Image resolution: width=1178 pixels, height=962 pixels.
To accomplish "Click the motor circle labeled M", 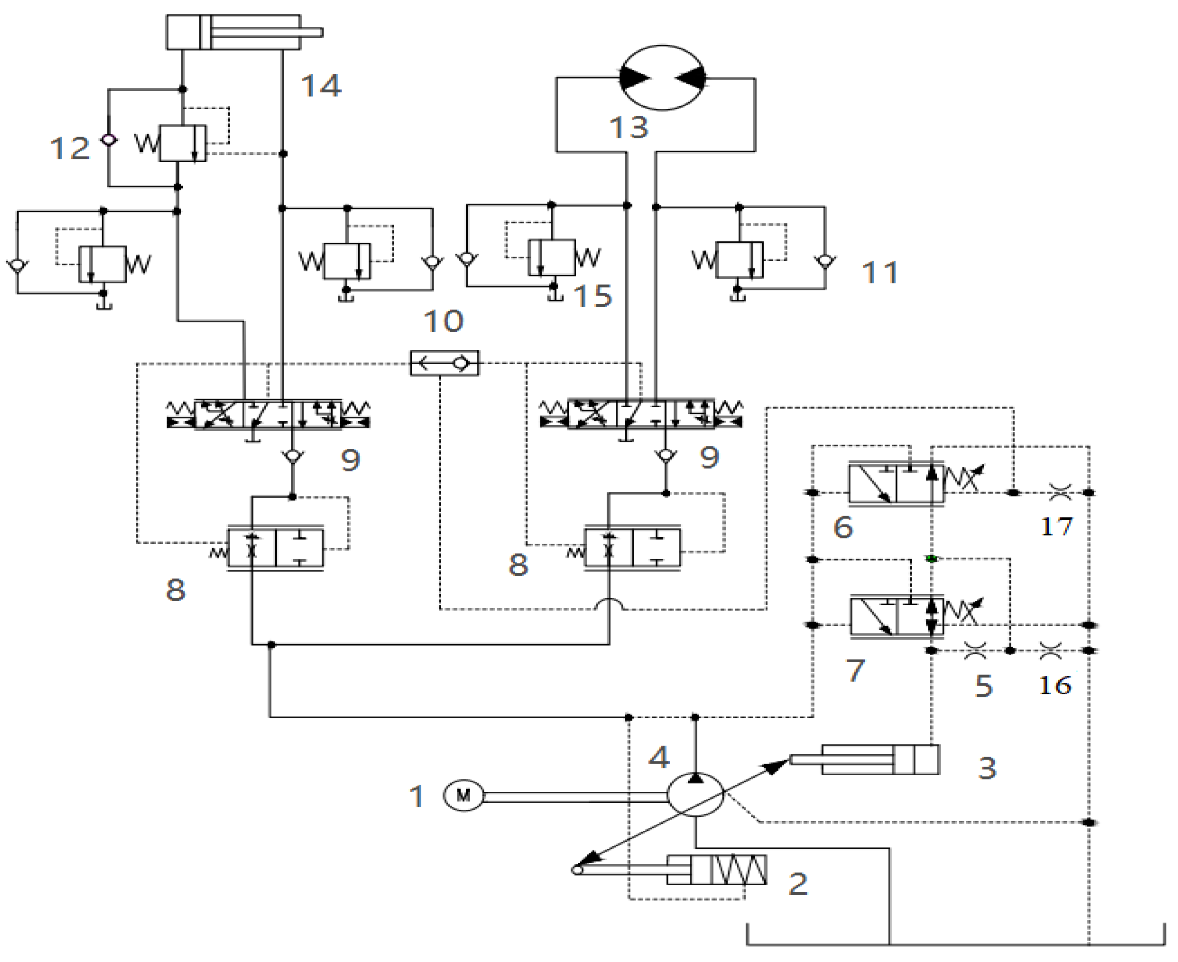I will [463, 796].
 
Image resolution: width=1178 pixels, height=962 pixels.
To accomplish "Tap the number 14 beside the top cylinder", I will [321, 86].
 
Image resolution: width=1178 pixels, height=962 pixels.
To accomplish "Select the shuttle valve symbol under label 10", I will [444, 363].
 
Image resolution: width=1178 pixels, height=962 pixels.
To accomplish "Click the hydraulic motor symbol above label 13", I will [662, 78].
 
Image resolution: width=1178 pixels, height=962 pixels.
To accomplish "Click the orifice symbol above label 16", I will [1049, 650].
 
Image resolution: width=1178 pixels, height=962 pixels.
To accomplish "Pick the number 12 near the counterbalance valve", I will [70, 148].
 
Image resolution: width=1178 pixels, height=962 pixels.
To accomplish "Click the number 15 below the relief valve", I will [593, 295].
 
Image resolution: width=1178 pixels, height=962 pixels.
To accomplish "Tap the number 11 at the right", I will [880, 273].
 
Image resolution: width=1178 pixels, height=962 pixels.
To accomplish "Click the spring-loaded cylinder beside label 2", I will [717, 869].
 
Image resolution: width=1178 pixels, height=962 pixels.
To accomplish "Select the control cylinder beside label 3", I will [881, 760].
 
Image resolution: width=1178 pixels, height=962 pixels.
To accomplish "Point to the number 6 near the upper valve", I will [842, 527].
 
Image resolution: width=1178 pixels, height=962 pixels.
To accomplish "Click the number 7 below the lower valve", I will [855, 671].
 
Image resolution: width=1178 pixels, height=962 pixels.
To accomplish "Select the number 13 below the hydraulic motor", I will [628, 127].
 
